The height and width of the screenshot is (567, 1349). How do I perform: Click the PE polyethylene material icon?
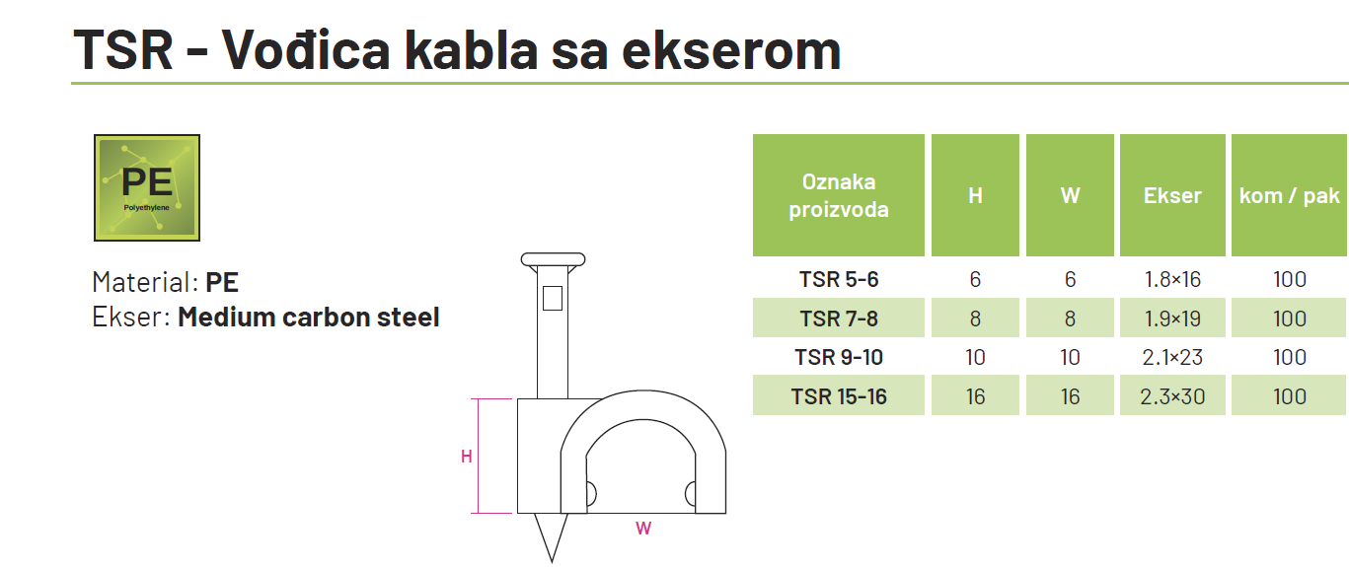147,187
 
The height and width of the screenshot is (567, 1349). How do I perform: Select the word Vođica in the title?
306,50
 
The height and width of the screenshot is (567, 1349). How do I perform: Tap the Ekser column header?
1172,195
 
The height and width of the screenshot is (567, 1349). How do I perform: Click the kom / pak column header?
1289,195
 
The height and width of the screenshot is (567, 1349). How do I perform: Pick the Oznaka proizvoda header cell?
838,195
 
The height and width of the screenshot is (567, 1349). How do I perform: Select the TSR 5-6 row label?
838,279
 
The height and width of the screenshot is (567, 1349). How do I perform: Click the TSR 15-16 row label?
838,396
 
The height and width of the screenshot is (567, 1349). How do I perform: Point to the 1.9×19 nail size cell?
1172,319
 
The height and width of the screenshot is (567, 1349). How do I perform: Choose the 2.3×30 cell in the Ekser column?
1172,396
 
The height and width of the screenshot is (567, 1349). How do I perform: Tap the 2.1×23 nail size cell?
1172,358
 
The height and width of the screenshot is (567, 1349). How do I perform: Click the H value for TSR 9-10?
975,358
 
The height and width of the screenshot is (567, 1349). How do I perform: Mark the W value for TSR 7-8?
1070,319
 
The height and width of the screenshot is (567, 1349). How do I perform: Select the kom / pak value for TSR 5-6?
1290,279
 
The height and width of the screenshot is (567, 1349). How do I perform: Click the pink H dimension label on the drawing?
466,457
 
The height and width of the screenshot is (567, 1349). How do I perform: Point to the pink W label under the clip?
643,529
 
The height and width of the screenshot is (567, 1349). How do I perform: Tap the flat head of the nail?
553,260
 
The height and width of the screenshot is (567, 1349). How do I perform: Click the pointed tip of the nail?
552,561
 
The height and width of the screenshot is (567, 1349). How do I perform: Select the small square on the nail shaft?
553,299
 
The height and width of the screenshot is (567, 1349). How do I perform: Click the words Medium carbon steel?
308,318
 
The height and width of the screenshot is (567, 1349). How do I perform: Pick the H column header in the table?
975,195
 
